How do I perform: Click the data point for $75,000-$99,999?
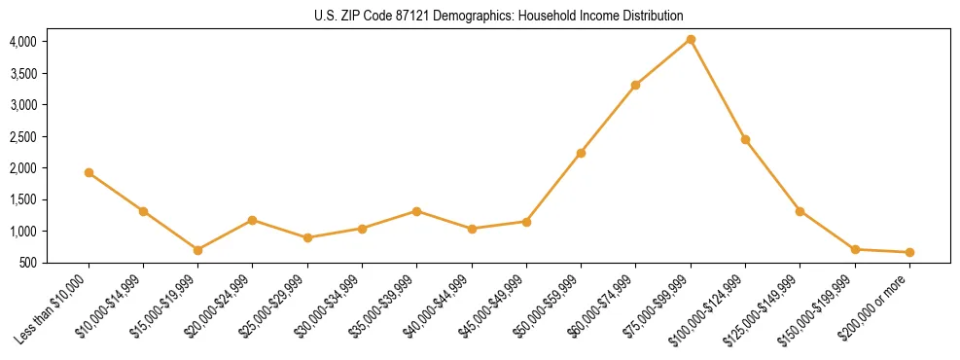(x=691, y=39)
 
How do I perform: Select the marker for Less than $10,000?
(x=89, y=172)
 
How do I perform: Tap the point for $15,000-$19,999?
(x=197, y=250)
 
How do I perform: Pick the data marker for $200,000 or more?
(x=909, y=252)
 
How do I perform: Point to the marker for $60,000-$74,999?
(x=635, y=85)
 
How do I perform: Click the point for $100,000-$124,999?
(x=745, y=139)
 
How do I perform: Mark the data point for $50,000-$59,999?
(x=581, y=153)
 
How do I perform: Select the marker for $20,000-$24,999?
(x=253, y=220)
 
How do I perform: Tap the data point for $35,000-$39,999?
(x=416, y=211)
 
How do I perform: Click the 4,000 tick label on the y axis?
(x=23, y=42)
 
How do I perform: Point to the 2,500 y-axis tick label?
(x=23, y=137)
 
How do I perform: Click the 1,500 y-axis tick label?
(x=23, y=200)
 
